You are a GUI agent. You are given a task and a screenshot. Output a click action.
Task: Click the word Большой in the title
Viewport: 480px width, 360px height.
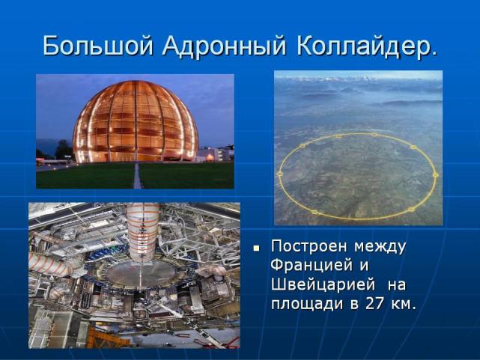pyautogui.click(x=97, y=46)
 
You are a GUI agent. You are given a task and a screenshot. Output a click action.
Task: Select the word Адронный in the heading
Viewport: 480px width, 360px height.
pyautogui.click(x=225, y=46)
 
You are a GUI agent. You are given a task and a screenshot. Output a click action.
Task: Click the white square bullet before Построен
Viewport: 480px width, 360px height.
pyautogui.click(x=256, y=248)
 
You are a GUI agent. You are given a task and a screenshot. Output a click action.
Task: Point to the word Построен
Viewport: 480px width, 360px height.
pyautogui.click(x=309, y=246)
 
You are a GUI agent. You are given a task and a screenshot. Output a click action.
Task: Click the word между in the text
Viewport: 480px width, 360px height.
pyautogui.click(x=380, y=248)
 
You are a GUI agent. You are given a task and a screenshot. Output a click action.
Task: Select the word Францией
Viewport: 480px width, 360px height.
pyautogui.click(x=312, y=266)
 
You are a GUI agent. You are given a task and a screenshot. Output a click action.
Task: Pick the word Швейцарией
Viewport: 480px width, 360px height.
pyautogui.click(x=323, y=285)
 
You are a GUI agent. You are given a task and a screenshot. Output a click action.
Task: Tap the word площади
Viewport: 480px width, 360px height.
pyautogui.click(x=308, y=305)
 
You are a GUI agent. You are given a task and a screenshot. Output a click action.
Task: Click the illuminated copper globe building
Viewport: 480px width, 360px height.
pyautogui.click(x=136, y=121)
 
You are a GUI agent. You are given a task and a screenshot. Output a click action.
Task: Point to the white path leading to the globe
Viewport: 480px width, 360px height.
pyautogui.click(x=138, y=176)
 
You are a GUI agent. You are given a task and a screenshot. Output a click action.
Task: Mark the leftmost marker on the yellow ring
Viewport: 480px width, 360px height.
pyautogui.click(x=279, y=174)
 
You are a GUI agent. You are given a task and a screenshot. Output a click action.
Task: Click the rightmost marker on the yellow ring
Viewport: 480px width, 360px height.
pyautogui.click(x=436, y=175)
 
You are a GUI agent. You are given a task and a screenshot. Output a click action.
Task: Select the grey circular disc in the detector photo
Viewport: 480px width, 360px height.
pyautogui.click(x=140, y=273)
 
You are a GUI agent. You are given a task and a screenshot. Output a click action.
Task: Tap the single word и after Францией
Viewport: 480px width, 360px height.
pyautogui.click(x=364, y=266)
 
